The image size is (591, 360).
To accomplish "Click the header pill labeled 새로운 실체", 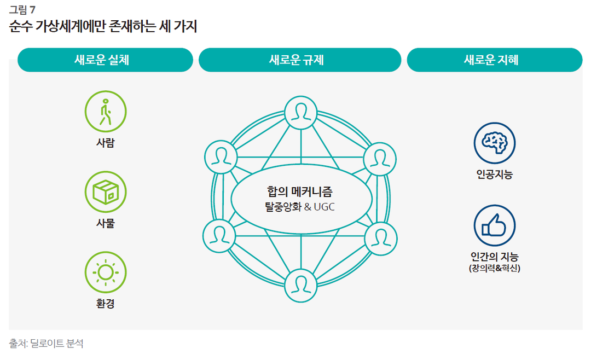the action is [105, 60].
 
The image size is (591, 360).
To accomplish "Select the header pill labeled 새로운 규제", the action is [300, 60].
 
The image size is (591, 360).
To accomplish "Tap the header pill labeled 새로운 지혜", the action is [495, 60].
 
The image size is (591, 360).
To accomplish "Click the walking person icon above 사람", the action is [106, 112].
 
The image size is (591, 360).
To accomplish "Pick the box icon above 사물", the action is [106, 192].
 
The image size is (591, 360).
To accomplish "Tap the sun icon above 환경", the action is [106, 272].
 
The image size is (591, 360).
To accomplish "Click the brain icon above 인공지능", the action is [495, 143].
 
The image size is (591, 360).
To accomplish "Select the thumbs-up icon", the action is [495, 225].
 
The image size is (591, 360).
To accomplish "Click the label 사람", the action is [106, 143].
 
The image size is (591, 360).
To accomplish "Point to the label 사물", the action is [106, 223].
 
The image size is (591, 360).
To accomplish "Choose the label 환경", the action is [106, 304].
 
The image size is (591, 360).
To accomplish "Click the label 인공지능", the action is [495, 174].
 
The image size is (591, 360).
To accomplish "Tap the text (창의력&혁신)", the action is [495, 268].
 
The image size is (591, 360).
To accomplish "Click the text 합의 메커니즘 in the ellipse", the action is [300, 191].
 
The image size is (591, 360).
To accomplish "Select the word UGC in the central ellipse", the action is [324, 207].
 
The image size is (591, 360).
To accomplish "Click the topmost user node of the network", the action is [301, 113].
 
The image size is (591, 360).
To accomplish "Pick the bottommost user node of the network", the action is [301, 286].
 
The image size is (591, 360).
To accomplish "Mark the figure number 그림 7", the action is [22, 9].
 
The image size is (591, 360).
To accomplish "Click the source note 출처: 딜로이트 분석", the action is [46, 344].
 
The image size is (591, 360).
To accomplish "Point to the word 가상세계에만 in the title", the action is [71, 26].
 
